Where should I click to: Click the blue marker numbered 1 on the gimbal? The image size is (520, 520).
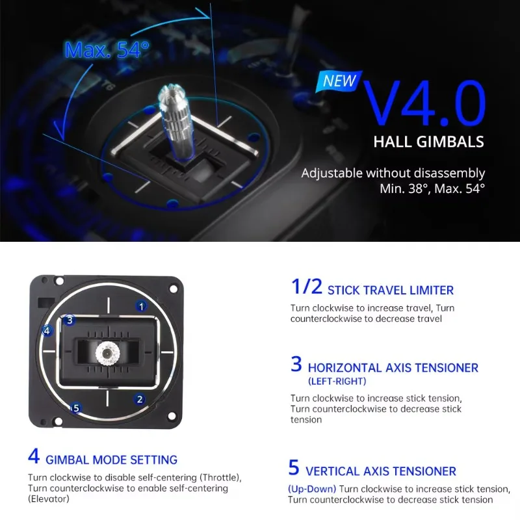141,305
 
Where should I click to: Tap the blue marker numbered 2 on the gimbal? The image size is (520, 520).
140,399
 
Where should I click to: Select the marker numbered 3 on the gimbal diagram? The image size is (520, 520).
70,320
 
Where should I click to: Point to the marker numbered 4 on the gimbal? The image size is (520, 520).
46,330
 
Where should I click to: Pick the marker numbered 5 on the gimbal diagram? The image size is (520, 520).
76,408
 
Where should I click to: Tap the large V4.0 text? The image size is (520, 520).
423,102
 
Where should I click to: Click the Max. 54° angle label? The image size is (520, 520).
107,50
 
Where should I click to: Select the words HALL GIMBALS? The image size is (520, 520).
429,142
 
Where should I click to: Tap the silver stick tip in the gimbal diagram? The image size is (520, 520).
105,354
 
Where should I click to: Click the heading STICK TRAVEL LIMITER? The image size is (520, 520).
390,291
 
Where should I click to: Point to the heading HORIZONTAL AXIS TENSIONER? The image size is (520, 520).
393,367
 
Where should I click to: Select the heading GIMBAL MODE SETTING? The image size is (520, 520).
111,460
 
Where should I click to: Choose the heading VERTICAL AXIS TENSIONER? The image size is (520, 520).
380,471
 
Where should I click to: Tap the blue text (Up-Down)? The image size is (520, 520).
311,488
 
